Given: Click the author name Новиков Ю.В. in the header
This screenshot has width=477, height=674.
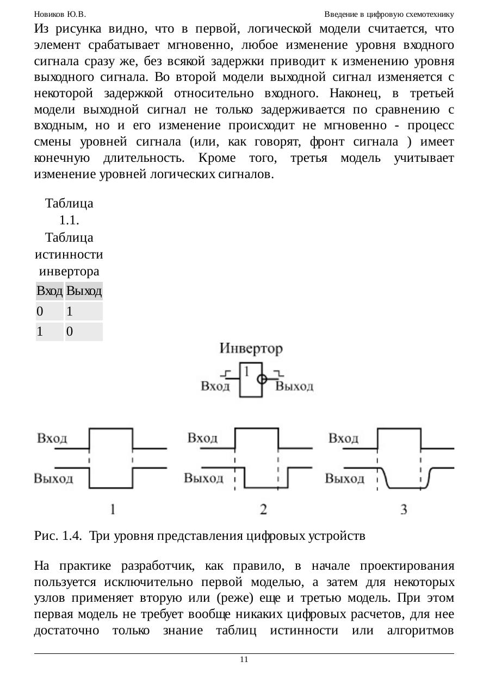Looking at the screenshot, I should (60, 14).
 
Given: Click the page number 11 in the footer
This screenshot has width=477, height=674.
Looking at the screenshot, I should (244, 659).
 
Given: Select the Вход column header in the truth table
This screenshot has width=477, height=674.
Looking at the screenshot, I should (49, 292).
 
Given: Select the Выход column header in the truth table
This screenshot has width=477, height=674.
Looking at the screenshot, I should (84, 292).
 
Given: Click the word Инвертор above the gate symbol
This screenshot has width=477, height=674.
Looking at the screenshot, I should (251, 349).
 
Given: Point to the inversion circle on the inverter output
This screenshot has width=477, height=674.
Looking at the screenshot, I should (262, 379).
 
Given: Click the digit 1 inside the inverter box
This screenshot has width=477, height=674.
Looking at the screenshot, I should (247, 372).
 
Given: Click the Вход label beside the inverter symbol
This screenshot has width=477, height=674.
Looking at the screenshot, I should (216, 387).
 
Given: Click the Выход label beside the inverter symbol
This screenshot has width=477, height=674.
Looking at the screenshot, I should (295, 387).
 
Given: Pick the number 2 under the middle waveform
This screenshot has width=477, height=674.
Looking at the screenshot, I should (263, 509).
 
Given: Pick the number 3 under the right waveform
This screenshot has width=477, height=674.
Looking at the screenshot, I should (404, 509).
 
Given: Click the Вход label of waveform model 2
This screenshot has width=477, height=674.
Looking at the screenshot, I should (203, 438).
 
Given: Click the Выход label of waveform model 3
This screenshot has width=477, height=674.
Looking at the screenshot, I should (345, 478).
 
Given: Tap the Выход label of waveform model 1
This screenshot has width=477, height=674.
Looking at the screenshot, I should (54, 478).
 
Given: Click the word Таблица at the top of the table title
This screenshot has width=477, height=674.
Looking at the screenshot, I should (69, 204).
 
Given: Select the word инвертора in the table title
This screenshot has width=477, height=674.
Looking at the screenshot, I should (69, 271).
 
